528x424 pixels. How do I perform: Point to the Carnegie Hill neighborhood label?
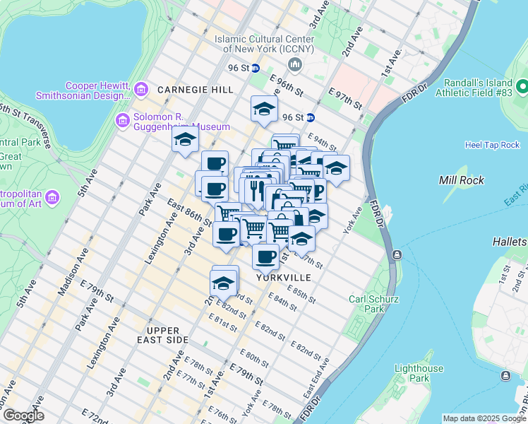[195, 90]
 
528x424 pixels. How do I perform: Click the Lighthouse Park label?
[419, 373]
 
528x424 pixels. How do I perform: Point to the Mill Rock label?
[462, 180]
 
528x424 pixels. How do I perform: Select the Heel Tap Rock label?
[492, 145]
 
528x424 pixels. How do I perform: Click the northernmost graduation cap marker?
[264, 109]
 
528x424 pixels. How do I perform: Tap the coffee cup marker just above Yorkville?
[265, 257]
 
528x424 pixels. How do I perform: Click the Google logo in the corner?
[23, 416]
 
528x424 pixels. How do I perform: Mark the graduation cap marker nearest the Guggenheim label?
[185, 139]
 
